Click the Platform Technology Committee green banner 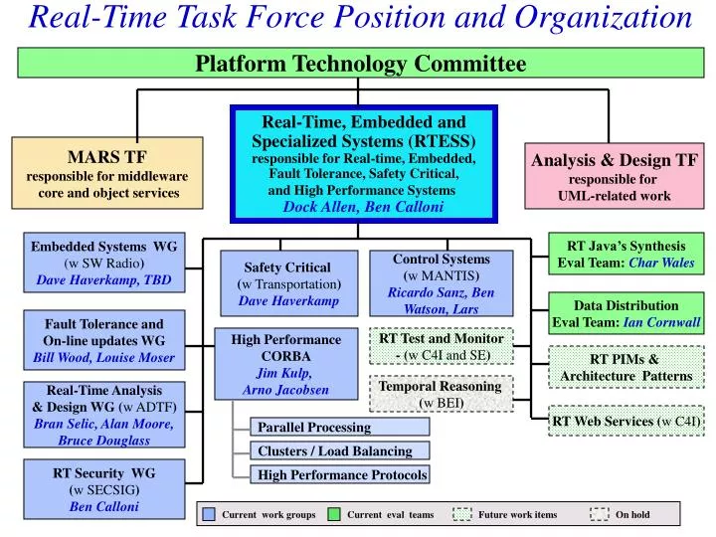(x=360, y=64)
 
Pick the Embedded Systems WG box (x=103, y=263)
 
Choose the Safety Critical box (x=287, y=282)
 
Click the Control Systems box (x=441, y=283)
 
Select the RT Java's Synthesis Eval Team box (x=626, y=255)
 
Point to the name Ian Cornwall (x=662, y=322)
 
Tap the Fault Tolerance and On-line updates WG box (x=103, y=340)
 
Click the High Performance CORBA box (x=285, y=363)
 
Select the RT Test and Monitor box (x=442, y=346)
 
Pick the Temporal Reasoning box (x=441, y=394)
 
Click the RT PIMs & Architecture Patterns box (x=626, y=367)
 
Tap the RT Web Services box (x=626, y=422)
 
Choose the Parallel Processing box (x=339, y=428)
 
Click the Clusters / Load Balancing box (x=339, y=451)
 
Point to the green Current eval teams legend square (x=334, y=514)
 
